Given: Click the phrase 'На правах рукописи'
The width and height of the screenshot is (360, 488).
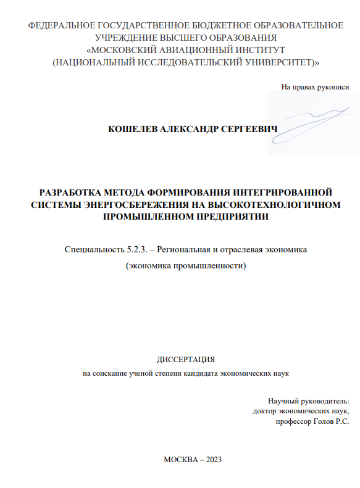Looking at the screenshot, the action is tap(315, 87).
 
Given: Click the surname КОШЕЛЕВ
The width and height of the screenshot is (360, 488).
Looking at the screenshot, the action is tap(133, 129).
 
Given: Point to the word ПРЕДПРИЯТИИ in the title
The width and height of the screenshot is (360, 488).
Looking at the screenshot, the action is tap(222, 217).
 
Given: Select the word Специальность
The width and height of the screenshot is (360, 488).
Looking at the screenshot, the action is tap(93, 250).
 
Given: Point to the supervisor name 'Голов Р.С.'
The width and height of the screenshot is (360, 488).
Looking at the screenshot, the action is tap(330, 421).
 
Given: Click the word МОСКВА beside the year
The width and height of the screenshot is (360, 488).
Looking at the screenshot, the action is tap(180, 460).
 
